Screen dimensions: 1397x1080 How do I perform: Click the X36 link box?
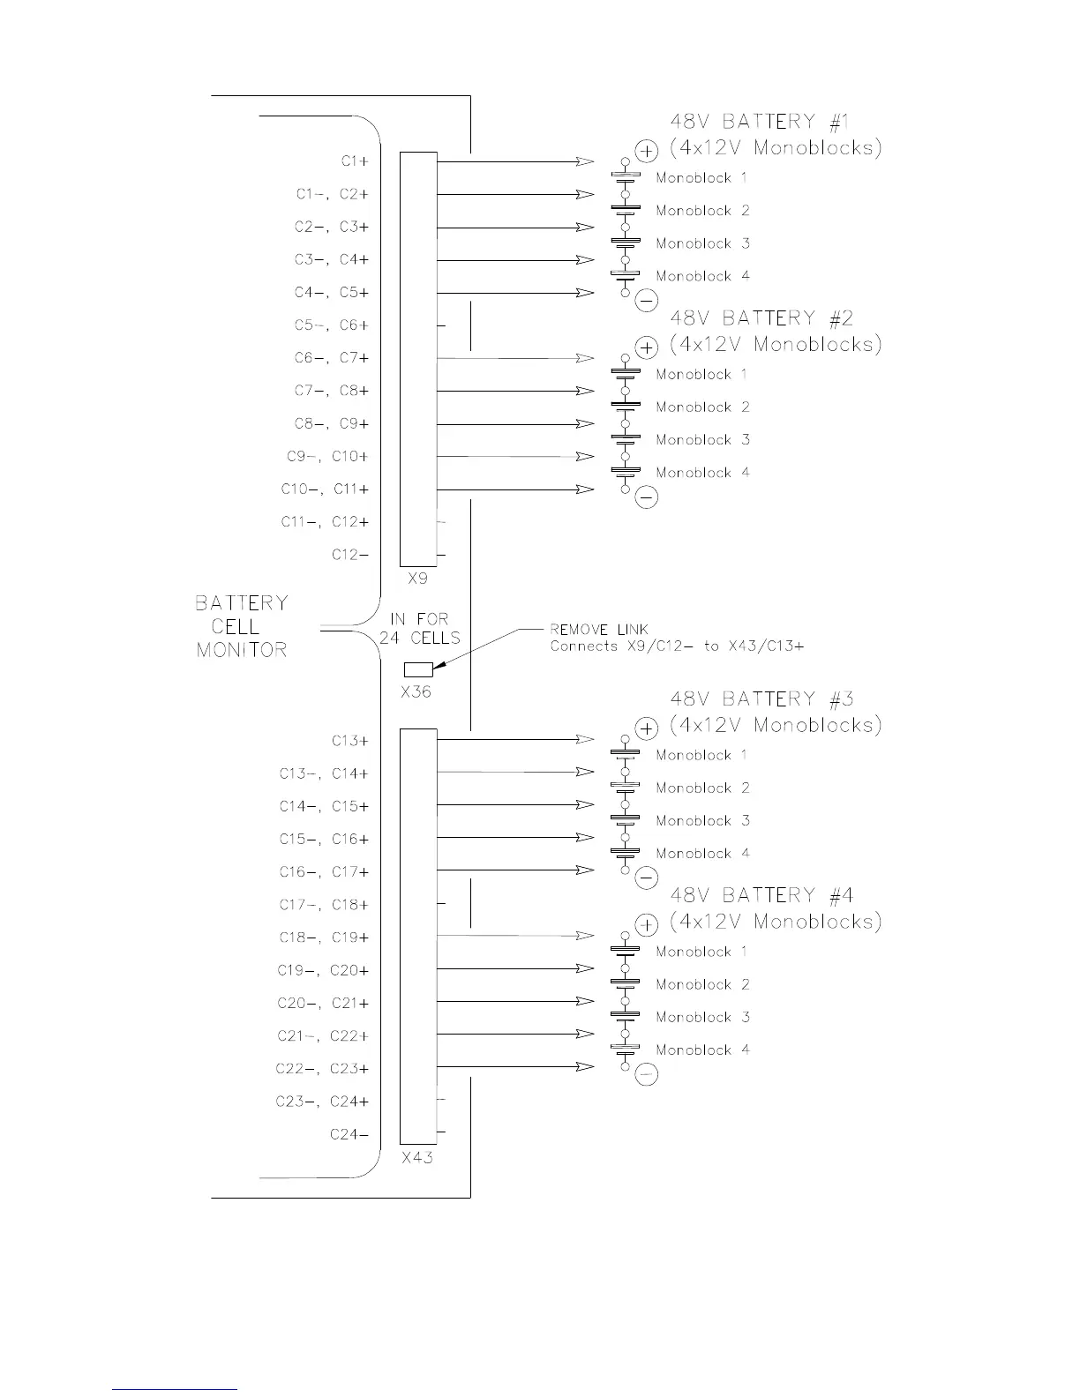pyautogui.click(x=418, y=669)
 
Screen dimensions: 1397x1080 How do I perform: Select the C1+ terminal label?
pyautogui.click(x=355, y=161)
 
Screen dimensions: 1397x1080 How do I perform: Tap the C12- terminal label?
pyautogui.click(x=350, y=555)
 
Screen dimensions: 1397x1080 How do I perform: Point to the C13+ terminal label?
pyautogui.click(x=350, y=741)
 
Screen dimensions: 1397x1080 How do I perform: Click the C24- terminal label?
pyautogui.click(x=349, y=1134)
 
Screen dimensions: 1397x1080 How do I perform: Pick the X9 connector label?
pyautogui.click(x=418, y=579)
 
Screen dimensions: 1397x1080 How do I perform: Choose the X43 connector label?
pyautogui.click(x=417, y=1157)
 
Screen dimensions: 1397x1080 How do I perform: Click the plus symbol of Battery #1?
pyautogui.click(x=647, y=152)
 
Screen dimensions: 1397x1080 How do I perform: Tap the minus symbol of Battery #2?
pyautogui.click(x=647, y=498)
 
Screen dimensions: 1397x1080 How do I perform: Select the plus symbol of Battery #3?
pyautogui.click(x=647, y=728)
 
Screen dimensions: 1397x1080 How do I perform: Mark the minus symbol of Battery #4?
pyautogui.click(x=647, y=1075)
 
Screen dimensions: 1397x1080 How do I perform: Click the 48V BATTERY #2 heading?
pyautogui.click(x=761, y=318)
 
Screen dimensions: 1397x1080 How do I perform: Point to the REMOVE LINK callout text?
pyautogui.click(x=599, y=630)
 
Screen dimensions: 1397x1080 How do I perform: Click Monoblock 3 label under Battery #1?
pyautogui.click(x=702, y=243)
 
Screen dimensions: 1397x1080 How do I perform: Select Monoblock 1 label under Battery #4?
pyautogui.click(x=701, y=952)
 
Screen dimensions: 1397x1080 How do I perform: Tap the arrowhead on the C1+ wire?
pyautogui.click(x=584, y=161)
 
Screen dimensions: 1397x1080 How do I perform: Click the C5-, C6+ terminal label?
pyautogui.click(x=331, y=325)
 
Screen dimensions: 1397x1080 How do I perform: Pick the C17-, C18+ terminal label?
pyautogui.click(x=324, y=905)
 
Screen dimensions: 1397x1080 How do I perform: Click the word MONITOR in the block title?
pyautogui.click(x=242, y=651)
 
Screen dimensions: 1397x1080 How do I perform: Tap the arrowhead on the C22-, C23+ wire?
pyautogui.click(x=584, y=1067)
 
